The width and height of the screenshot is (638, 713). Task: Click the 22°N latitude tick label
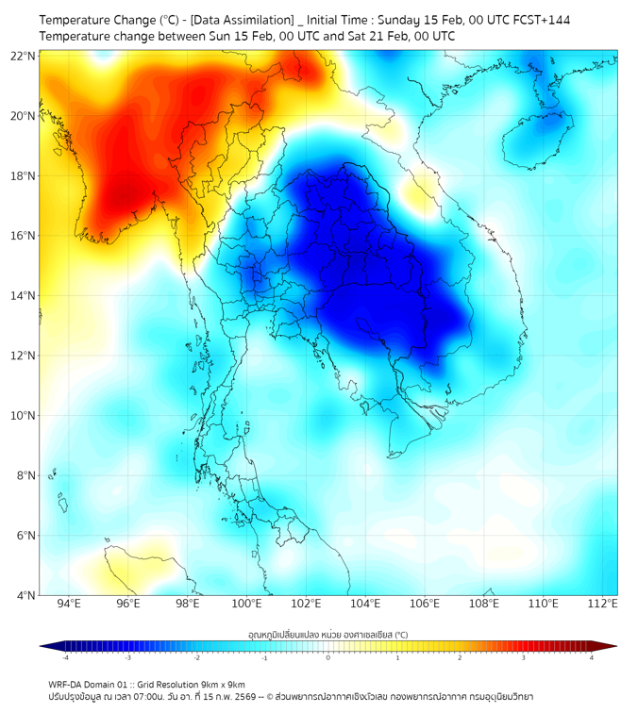[x=23, y=57]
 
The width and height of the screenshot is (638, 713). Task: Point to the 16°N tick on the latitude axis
[x=23, y=236]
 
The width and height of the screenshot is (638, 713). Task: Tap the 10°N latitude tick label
[x=23, y=416]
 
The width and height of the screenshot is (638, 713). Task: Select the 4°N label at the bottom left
[x=25, y=595]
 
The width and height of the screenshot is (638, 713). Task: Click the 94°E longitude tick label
[x=69, y=604]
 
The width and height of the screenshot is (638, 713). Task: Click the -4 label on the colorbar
[x=65, y=658]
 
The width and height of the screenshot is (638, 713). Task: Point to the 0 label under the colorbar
[x=328, y=658]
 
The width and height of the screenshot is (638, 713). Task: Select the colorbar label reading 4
[x=592, y=658]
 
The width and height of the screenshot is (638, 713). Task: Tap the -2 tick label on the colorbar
[x=196, y=658]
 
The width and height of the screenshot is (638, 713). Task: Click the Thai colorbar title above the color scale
[x=327, y=635]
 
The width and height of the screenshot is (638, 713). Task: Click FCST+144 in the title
[x=541, y=20]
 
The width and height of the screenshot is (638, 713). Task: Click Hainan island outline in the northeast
[x=539, y=137]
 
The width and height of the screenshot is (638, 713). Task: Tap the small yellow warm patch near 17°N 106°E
[x=416, y=192]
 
